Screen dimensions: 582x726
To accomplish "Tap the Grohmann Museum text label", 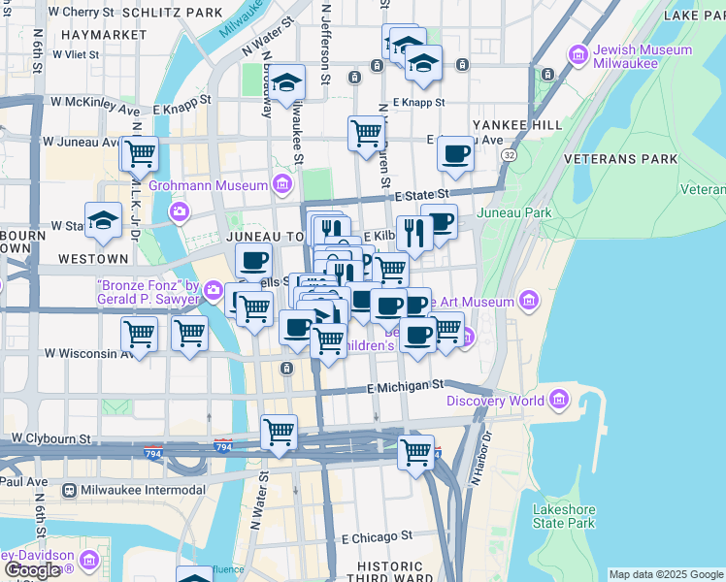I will pos(208,185).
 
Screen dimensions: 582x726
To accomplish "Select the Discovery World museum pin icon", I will pos(558,400).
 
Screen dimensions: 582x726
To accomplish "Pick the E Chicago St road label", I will pos(378,535).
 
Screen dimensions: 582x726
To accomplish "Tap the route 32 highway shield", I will pos(509,154).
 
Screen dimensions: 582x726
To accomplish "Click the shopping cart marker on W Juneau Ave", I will pos(140,152).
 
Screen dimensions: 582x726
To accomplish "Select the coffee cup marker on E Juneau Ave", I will pos(454,153).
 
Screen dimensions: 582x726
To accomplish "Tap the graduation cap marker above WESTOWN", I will pos(103,220).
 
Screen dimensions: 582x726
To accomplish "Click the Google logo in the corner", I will pos(31,570).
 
